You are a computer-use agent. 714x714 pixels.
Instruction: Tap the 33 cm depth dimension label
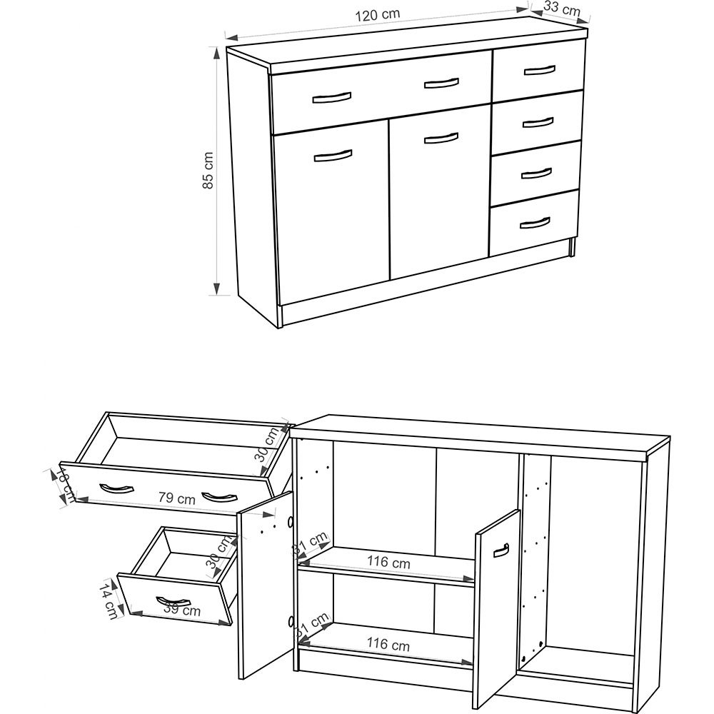click(x=561, y=9)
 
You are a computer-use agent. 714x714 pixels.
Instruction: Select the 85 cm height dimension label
click(x=208, y=171)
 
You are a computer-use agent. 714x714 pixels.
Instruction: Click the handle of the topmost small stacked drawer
click(x=538, y=70)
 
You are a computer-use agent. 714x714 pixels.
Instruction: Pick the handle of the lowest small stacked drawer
click(x=535, y=223)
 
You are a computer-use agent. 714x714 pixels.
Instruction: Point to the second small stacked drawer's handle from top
click(x=538, y=121)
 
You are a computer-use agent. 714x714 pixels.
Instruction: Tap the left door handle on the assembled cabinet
click(x=333, y=156)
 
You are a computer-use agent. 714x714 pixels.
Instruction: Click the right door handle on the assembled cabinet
click(x=441, y=137)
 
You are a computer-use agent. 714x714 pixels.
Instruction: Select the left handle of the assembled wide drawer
click(x=332, y=96)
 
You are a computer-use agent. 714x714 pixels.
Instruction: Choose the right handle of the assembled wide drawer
click(x=441, y=83)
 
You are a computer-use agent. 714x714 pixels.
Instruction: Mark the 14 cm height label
click(x=108, y=599)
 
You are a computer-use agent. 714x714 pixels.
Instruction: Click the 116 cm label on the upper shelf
click(x=389, y=562)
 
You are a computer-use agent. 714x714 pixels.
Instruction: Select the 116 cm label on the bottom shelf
click(x=389, y=644)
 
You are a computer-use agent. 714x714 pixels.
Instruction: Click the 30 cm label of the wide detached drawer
click(x=268, y=444)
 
